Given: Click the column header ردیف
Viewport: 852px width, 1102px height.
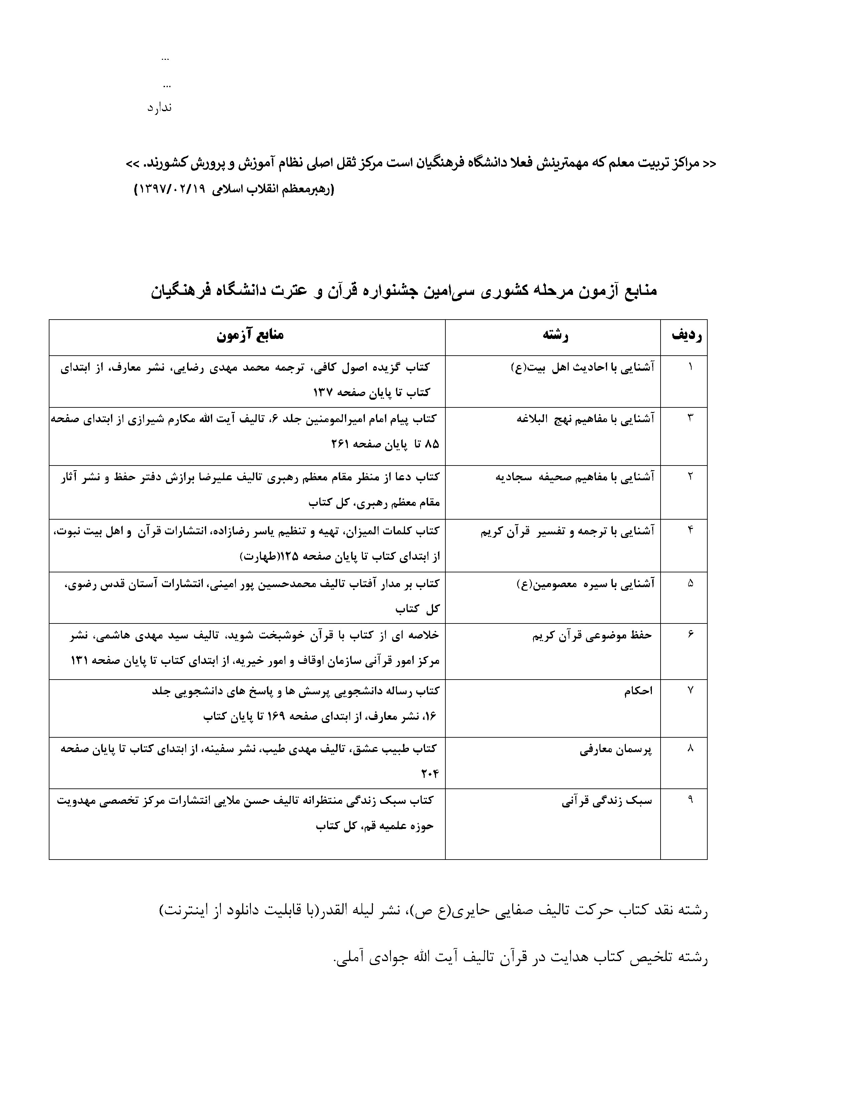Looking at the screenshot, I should (687, 336).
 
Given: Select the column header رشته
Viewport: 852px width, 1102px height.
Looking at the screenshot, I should (555, 336).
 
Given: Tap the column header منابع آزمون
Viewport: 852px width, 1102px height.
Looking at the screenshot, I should (250, 336).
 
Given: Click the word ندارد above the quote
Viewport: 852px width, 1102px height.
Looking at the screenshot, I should (159, 108).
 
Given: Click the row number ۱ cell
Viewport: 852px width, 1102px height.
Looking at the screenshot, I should (690, 367).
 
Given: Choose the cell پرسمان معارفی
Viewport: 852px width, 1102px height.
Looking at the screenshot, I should (616, 749).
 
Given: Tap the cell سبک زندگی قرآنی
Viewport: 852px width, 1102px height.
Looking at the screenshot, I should (607, 801).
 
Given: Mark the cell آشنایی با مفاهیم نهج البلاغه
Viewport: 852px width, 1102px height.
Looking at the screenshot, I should (585, 419).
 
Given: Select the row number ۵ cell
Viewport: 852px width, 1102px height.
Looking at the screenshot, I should (690, 583).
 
